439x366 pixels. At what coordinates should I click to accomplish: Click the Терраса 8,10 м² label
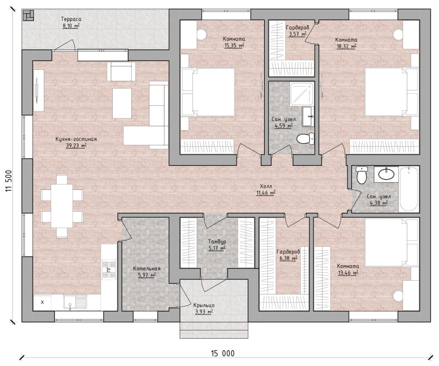coord(71,23)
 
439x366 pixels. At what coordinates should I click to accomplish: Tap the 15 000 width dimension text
coord(223,354)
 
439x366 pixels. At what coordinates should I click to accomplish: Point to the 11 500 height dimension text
coord(9,181)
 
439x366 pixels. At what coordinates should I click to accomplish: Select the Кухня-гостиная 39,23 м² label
coord(76,142)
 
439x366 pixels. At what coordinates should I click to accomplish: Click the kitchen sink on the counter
coord(75,302)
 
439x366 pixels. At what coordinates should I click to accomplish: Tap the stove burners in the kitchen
coord(109,270)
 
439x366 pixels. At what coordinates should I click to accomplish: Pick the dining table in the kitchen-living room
coord(62,206)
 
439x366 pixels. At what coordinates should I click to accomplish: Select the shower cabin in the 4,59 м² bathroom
coord(302,94)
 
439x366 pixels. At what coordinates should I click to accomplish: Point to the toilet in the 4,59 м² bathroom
coord(305,139)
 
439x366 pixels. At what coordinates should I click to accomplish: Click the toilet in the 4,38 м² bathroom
coord(361,175)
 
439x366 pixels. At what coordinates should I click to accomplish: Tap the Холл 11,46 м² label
coord(266,189)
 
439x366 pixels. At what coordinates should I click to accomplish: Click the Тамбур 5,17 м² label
coord(217,245)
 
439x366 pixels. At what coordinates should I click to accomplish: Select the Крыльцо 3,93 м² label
coord(204,308)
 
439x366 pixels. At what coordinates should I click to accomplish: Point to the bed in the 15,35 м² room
coord(208,92)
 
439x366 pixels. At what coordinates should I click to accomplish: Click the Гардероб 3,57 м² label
coord(298,31)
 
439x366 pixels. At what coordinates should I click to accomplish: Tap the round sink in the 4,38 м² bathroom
coord(386,174)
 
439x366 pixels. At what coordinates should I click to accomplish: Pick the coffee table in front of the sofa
coord(122,103)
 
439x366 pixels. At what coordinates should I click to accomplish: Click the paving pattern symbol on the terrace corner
coord(28,15)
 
